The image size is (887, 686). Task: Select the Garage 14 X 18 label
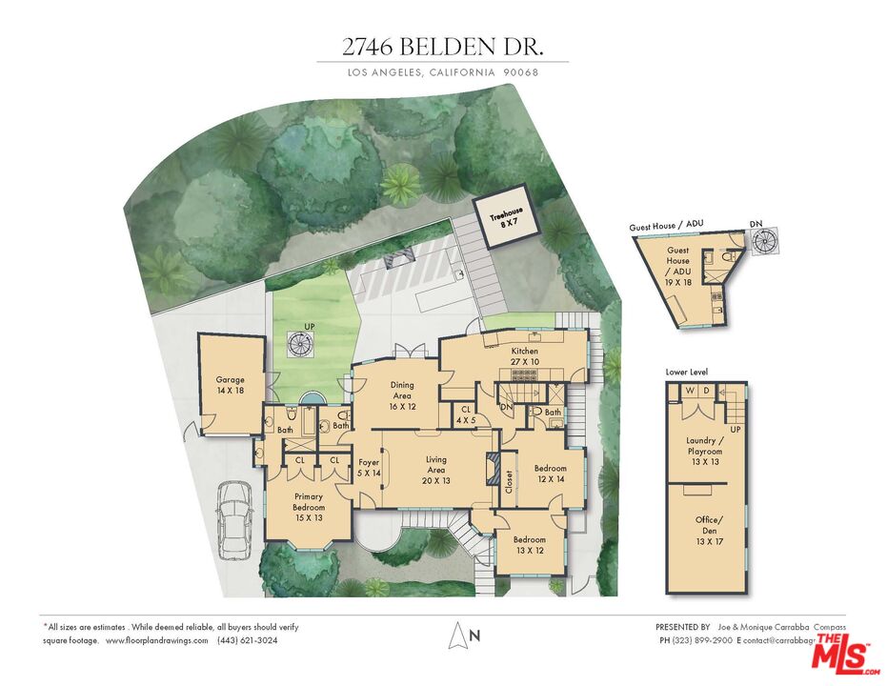pyautogui.click(x=230, y=385)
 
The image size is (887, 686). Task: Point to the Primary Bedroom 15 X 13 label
pyautogui.click(x=308, y=509)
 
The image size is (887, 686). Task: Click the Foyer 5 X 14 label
pyautogui.click(x=368, y=467)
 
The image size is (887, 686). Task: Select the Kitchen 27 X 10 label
pyautogui.click(x=525, y=356)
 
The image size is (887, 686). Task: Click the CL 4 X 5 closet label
pyautogui.click(x=465, y=414)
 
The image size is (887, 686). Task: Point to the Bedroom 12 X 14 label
pyautogui.click(x=550, y=474)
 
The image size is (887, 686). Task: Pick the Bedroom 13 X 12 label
pyautogui.click(x=530, y=544)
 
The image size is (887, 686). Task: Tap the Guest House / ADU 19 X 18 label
pyautogui.click(x=678, y=261)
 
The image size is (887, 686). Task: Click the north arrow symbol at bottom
pyautogui.click(x=460, y=635)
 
